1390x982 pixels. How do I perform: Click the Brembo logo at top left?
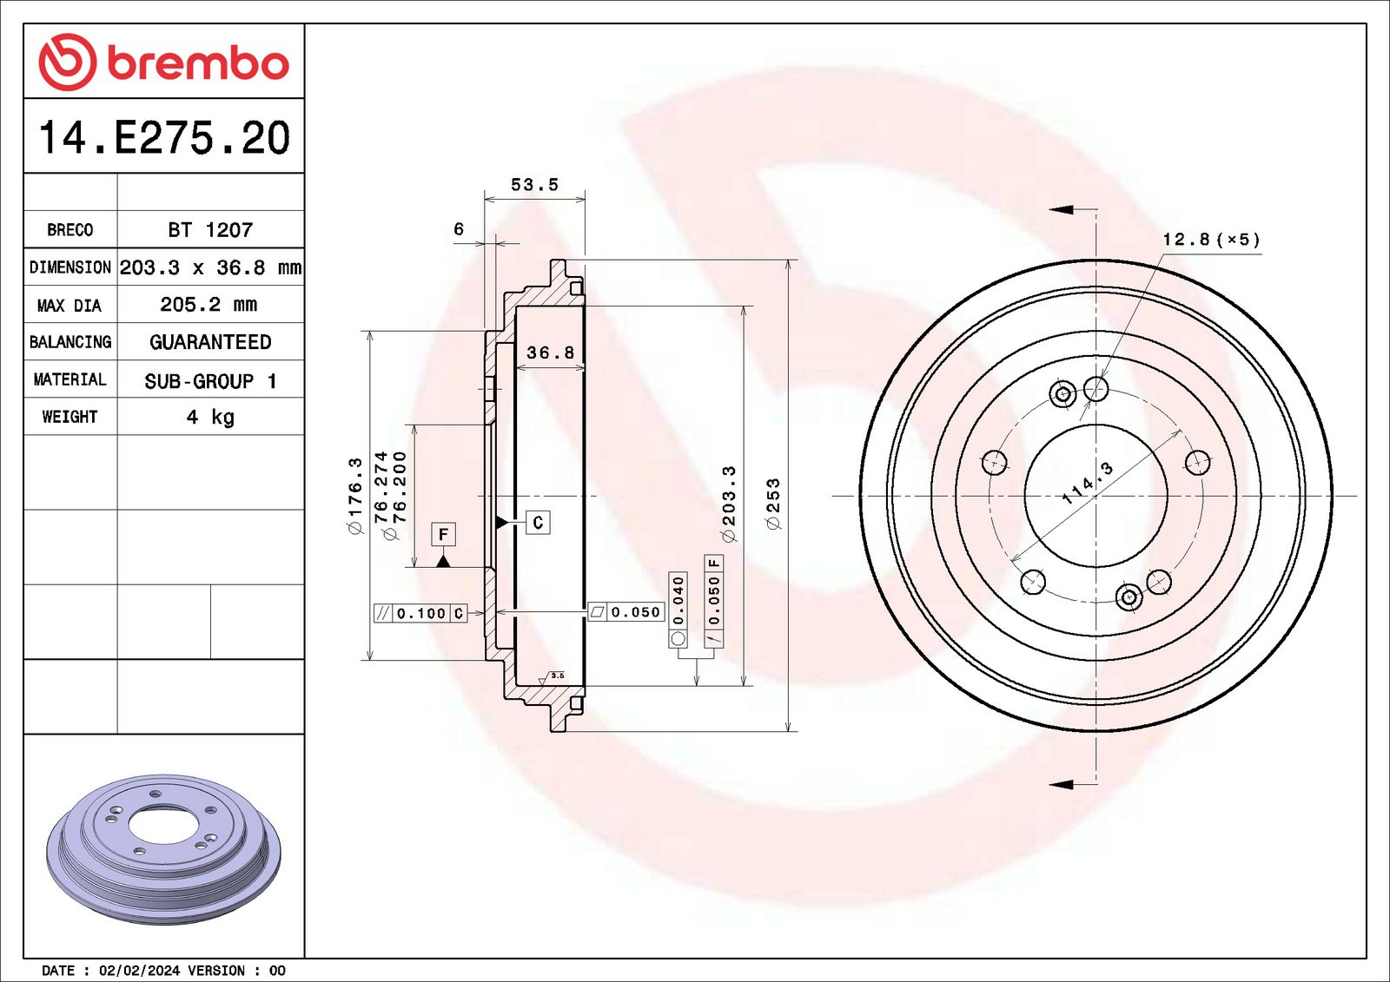point(163,63)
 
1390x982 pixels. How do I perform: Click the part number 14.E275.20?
point(163,138)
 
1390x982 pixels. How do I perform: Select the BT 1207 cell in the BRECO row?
point(210,230)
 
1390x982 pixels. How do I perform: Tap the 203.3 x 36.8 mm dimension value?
point(210,267)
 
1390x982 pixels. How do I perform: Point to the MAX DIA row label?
point(69,306)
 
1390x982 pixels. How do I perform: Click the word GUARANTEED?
point(210,342)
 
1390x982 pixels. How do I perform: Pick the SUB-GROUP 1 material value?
point(210,381)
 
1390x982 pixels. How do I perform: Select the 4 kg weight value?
point(210,418)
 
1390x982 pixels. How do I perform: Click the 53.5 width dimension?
point(534,185)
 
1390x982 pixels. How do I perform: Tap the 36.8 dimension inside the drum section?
point(551,353)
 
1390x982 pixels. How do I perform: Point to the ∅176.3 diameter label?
point(354,496)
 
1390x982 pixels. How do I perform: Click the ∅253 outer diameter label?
point(772,504)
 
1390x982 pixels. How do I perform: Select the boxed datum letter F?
point(443,534)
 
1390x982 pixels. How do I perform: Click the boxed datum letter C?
point(538,523)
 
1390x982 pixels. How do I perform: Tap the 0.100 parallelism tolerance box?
point(420,614)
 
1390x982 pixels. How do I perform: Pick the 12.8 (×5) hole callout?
point(1211,240)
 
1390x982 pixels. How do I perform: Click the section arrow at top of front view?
point(1062,209)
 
